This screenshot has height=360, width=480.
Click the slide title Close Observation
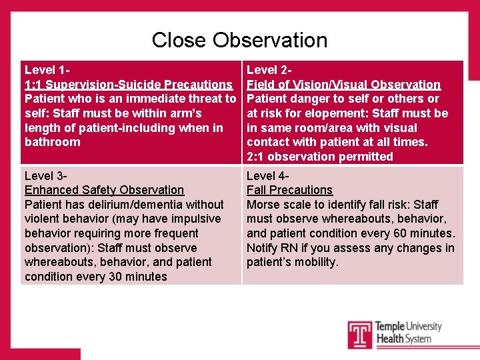click(x=239, y=40)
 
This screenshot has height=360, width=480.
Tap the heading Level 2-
click(x=270, y=69)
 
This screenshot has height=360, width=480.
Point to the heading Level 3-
click(x=46, y=176)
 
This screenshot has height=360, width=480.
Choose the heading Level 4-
click(x=268, y=176)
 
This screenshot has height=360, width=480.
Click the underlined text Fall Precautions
click(x=289, y=190)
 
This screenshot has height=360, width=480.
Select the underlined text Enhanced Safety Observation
click(x=104, y=190)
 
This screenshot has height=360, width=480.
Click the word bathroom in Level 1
click(x=53, y=142)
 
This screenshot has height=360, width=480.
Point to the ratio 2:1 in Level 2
click(x=256, y=157)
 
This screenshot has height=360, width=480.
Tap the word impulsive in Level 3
click(x=195, y=219)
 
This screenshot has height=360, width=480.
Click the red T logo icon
click(x=359, y=334)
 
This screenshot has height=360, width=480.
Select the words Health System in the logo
click(x=403, y=339)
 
